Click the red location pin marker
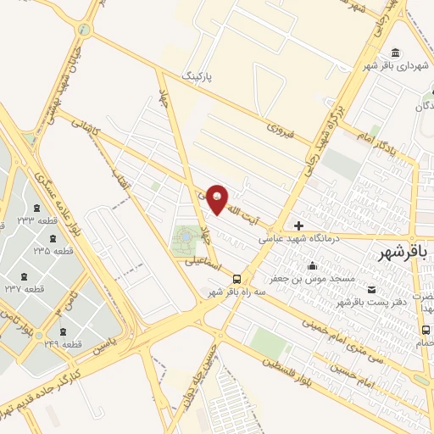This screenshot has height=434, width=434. coord(217,199)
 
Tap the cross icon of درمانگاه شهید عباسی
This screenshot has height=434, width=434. coord(298,225)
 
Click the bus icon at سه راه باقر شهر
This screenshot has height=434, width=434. coord(236,279)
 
